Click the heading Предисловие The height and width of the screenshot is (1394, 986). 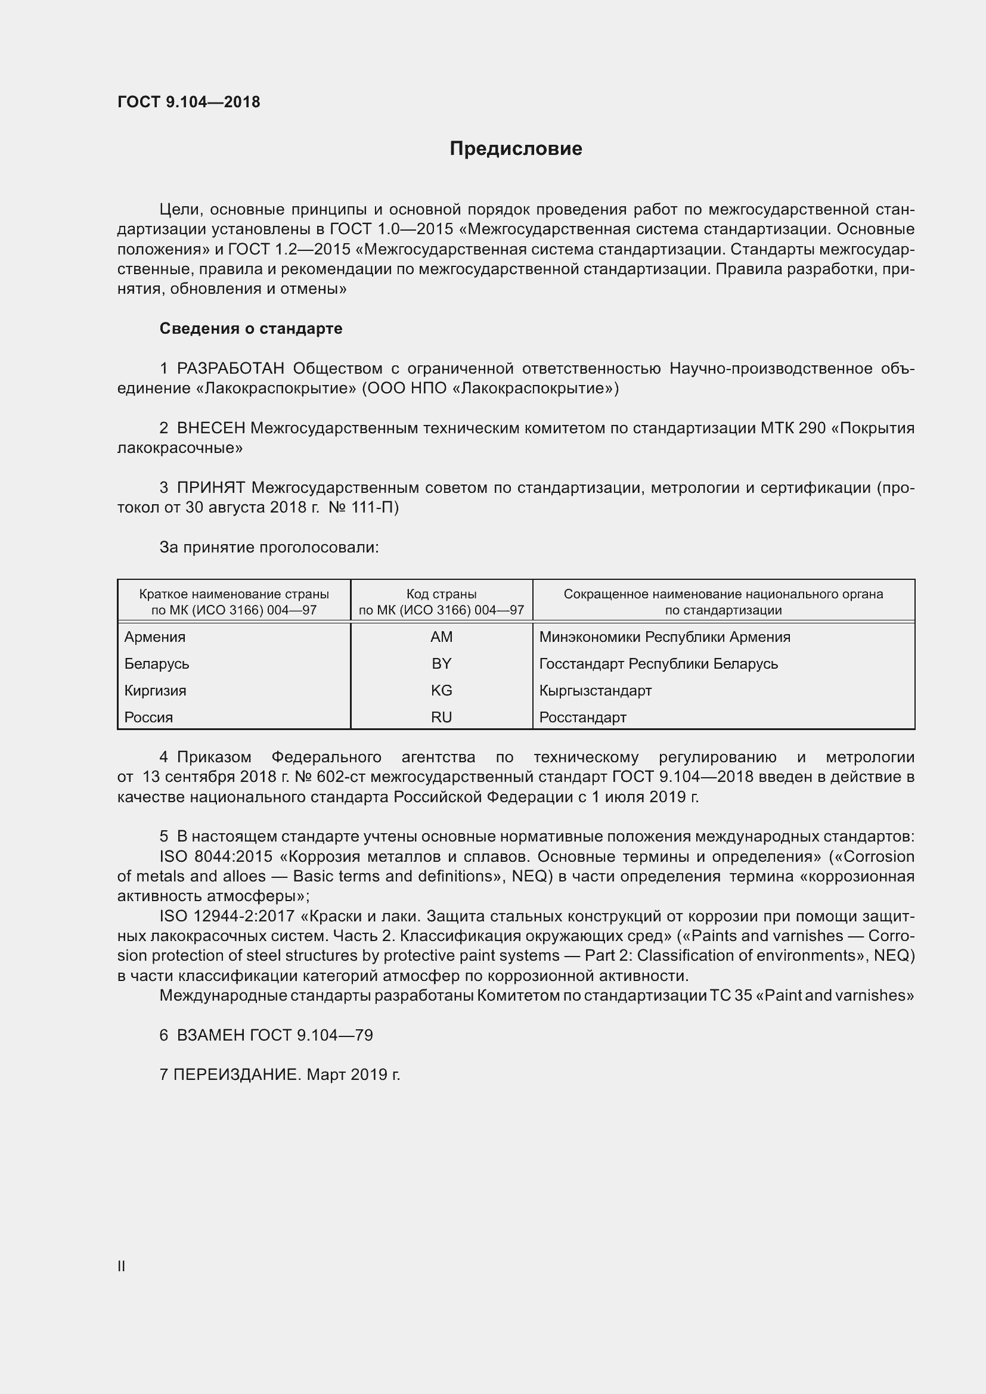coord(516,149)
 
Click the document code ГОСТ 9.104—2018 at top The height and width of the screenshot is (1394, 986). coord(188,102)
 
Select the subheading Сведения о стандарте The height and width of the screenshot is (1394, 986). coord(251,328)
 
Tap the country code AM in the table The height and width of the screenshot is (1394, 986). coord(441,637)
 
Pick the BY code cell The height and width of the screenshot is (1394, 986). coord(441,663)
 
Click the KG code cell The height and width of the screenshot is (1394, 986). coord(441,690)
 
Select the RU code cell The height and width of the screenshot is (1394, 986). coord(441,717)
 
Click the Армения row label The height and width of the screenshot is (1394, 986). coord(155,637)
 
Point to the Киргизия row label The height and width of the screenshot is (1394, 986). coord(155,690)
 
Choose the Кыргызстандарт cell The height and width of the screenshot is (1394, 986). coord(595,690)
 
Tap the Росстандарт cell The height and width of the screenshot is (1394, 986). coord(582,717)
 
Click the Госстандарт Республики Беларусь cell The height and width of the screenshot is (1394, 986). coord(658,663)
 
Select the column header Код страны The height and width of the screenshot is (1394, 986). coord(441,594)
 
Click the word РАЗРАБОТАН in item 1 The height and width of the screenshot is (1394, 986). coord(230,368)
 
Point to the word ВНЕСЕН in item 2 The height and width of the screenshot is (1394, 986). coord(210,428)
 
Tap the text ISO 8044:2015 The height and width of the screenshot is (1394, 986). coord(216,856)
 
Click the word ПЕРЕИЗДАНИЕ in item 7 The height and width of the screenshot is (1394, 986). coord(237,1075)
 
